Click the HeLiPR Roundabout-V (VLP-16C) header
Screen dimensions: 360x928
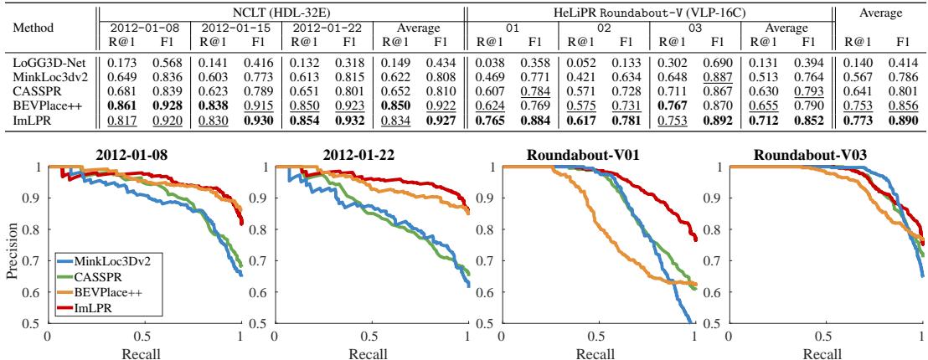[x=650, y=8]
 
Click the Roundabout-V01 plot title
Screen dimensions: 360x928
[x=598, y=155]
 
